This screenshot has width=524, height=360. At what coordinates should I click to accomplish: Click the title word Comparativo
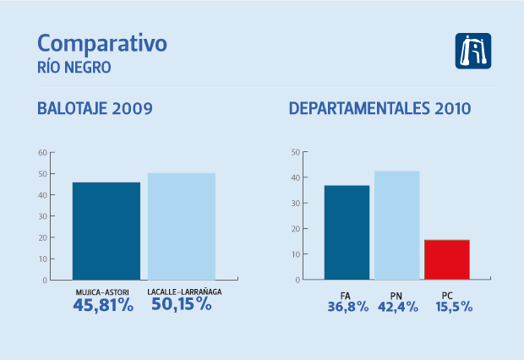tap(102, 44)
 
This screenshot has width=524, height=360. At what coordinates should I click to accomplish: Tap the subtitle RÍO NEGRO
tap(74, 66)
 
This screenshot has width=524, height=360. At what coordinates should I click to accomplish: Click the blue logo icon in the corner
tap(472, 51)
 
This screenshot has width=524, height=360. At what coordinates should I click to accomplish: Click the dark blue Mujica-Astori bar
tap(106, 231)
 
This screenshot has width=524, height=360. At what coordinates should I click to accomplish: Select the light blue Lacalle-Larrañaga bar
tap(182, 226)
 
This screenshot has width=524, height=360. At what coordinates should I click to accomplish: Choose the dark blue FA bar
tap(347, 232)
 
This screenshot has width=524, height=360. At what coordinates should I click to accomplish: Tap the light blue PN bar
tap(397, 225)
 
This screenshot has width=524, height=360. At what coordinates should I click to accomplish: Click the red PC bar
tap(447, 259)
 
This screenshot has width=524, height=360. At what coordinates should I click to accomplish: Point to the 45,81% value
tap(103, 306)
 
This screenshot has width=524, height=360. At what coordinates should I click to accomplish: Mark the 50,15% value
tap(181, 305)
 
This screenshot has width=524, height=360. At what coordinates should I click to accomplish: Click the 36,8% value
tap(347, 307)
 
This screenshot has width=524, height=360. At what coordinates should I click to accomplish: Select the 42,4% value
tap(396, 307)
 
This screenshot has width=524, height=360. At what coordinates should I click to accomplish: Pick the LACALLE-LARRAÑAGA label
tap(181, 292)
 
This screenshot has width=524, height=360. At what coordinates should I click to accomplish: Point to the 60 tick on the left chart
tap(42, 153)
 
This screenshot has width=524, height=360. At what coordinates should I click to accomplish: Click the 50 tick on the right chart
tap(295, 153)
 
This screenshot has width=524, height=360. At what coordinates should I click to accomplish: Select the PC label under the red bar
tap(448, 294)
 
